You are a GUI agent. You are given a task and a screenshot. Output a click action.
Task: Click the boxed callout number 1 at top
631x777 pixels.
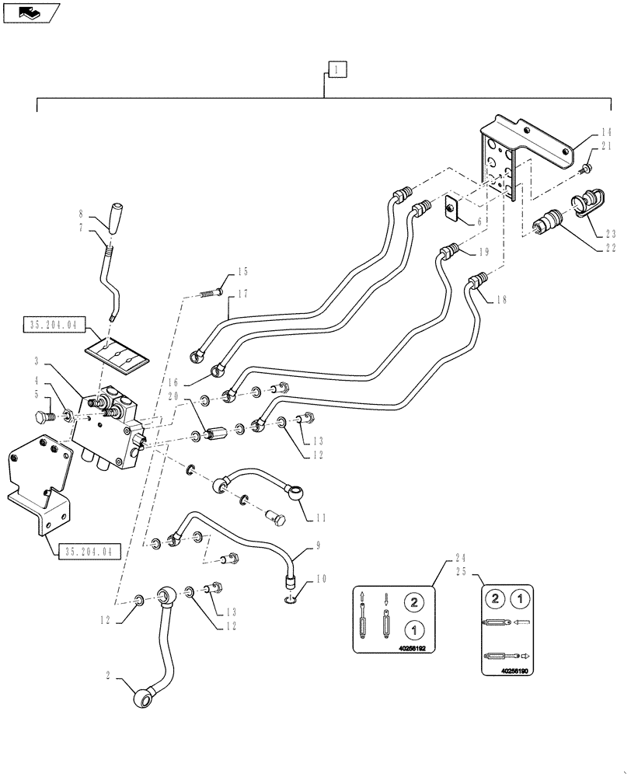(336, 70)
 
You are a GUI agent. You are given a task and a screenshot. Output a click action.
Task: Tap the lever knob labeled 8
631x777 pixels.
(117, 217)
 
